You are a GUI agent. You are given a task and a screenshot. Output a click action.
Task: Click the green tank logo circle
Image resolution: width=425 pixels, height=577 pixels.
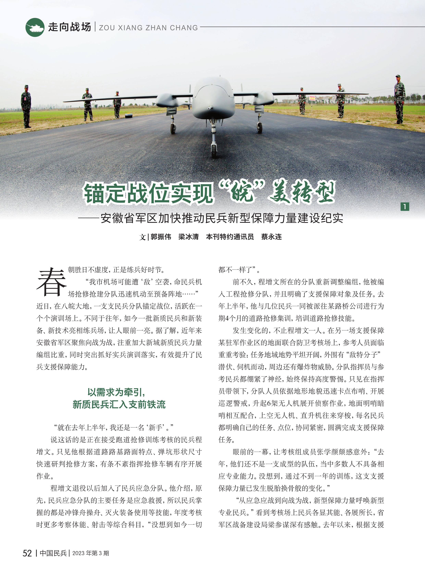[x=35, y=27]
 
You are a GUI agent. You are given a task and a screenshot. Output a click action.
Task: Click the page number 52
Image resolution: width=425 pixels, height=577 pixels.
[x=27, y=553]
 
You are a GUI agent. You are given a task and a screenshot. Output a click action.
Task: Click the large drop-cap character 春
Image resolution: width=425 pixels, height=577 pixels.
[x=51, y=282]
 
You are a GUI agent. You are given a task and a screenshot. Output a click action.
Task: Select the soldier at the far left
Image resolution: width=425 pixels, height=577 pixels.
[x=26, y=106]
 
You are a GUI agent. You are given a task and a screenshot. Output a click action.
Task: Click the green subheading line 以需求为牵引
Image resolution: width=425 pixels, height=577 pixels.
[x=116, y=392]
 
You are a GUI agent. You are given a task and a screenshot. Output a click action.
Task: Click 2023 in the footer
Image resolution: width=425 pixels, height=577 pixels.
[x=78, y=553]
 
